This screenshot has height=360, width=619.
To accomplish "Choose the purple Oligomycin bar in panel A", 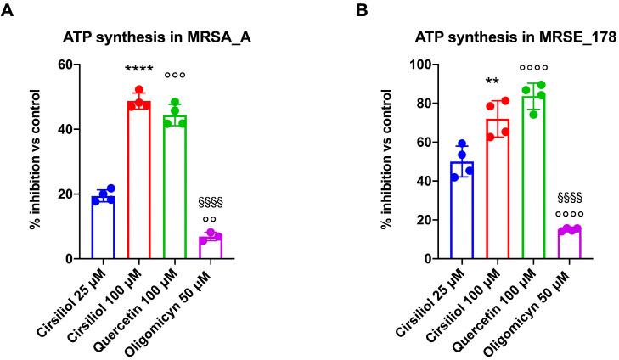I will [x=211, y=247].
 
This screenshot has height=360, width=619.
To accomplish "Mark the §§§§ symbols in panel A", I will [x=211, y=203].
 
